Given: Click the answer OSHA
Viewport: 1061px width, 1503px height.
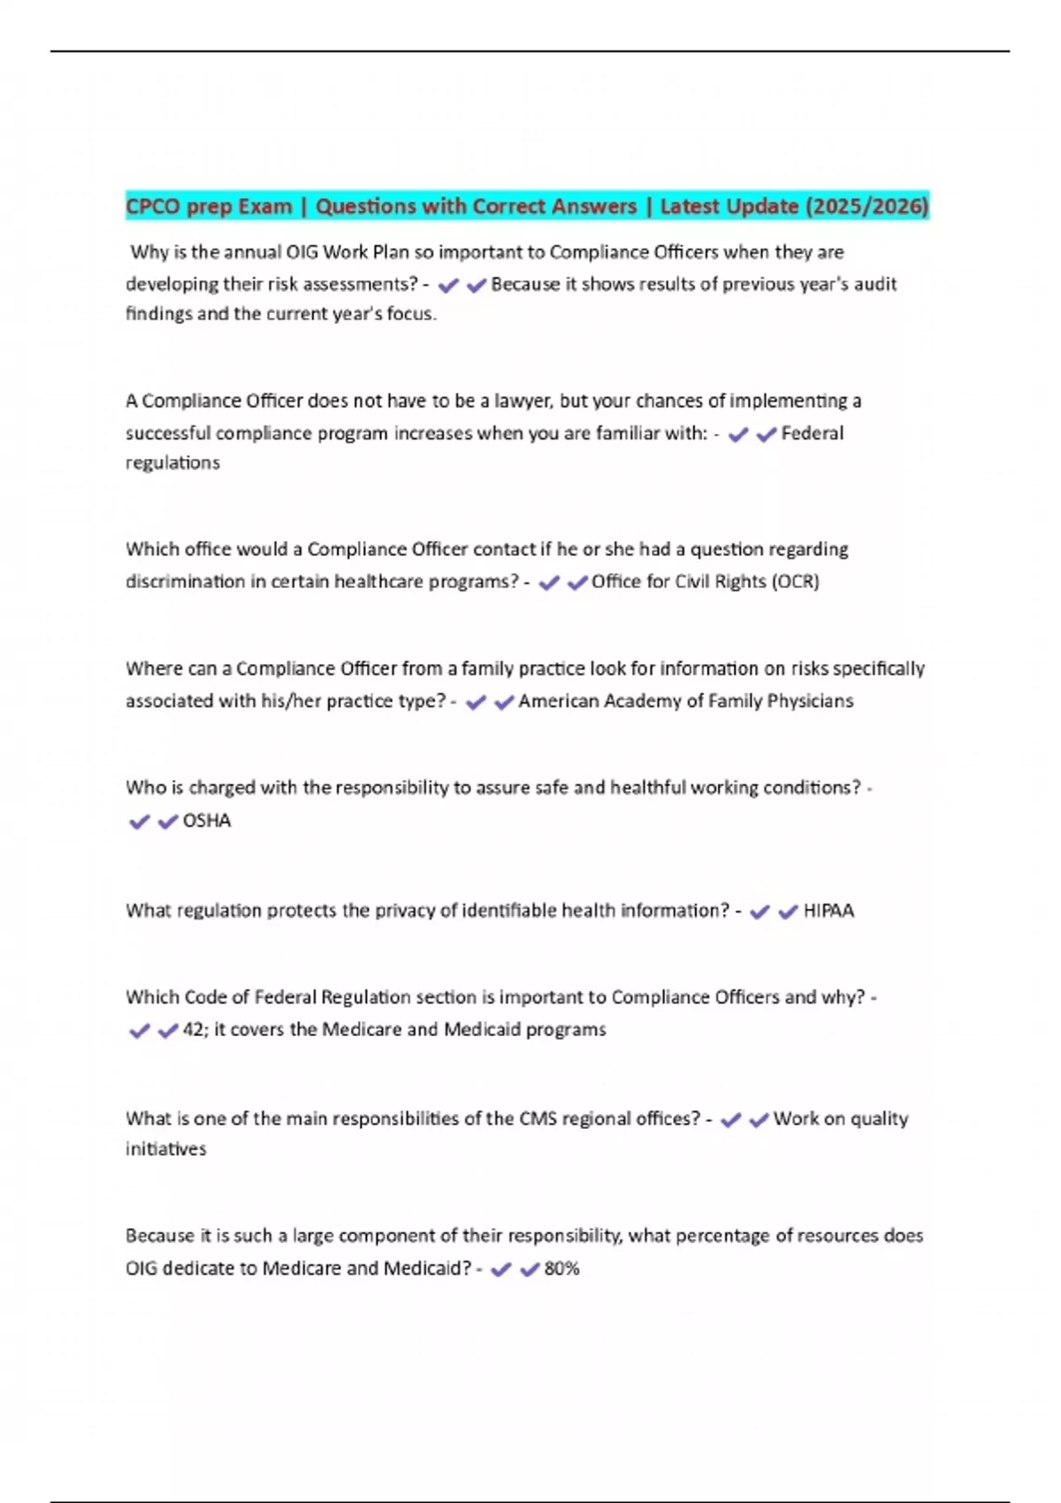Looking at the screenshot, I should tap(206, 820).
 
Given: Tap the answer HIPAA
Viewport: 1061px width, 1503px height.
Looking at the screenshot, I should tap(828, 911).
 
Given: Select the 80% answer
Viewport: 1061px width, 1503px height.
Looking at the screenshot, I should tap(561, 1269).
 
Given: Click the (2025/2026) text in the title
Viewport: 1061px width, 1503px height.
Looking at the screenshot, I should tap(866, 206).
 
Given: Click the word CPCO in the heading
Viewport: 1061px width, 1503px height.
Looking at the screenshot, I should tap(153, 207).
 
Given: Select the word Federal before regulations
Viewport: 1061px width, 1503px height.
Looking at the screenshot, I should tap(812, 433).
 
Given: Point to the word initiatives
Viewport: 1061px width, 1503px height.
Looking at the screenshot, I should tap(165, 1149).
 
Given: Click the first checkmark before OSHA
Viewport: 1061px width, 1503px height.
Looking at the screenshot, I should tap(139, 821).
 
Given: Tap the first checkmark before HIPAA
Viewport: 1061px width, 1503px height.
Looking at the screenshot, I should tap(759, 912).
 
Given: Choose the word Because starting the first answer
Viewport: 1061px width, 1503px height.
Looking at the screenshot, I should tap(526, 284).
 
